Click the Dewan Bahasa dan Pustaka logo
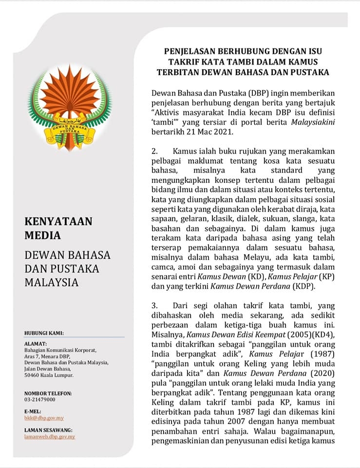(69, 107)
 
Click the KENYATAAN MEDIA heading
(58, 229)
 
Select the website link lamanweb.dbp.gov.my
(50, 436)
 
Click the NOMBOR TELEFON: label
(48, 393)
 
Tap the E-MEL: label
(33, 411)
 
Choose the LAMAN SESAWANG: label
(48, 430)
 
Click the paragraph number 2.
(154, 153)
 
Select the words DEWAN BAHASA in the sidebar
(67, 255)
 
